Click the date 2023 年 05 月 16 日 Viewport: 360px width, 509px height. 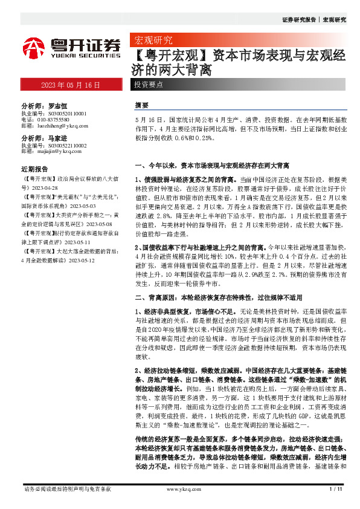(x=71, y=85)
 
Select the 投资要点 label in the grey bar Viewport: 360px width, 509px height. (x=149, y=85)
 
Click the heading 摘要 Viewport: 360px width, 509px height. (x=141, y=105)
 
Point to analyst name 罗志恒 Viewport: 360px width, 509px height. (x=59, y=105)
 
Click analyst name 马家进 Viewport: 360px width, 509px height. (x=59, y=138)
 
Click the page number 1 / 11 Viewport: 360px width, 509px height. (x=335, y=488)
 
